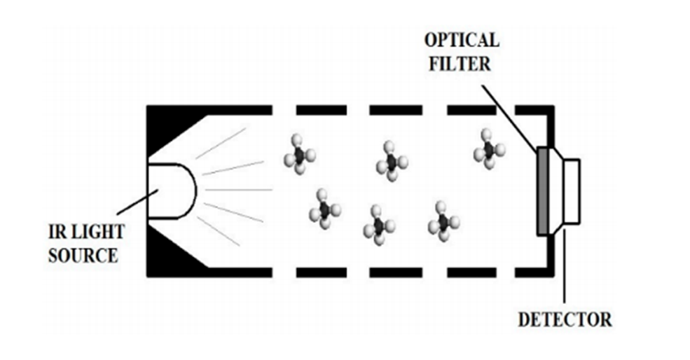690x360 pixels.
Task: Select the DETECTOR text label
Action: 564,320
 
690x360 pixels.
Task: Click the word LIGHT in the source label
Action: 97,232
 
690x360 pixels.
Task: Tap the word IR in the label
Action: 57,232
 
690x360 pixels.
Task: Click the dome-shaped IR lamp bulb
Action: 171,190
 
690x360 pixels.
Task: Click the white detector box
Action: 571,191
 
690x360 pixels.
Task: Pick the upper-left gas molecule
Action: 299,155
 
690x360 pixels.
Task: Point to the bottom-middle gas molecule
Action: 378,226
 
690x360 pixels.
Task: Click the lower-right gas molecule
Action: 443,221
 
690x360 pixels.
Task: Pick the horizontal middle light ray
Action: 238,189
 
